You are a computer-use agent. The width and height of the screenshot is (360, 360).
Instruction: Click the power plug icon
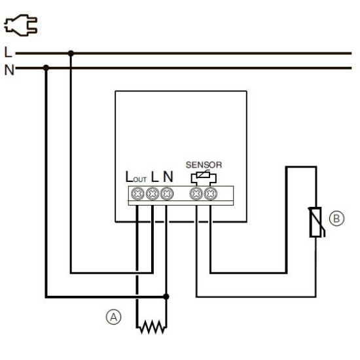(x=21, y=26)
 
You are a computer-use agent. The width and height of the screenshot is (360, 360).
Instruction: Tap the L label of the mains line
(x=8, y=52)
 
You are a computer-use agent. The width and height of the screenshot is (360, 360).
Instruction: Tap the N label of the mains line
(x=9, y=70)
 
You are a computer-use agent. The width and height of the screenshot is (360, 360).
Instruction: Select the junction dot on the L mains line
(x=71, y=54)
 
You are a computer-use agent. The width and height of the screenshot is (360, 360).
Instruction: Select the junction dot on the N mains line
(x=46, y=68)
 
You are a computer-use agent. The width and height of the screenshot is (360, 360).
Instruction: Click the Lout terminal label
(x=136, y=177)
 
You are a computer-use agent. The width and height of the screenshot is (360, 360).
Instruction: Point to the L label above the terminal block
(x=155, y=177)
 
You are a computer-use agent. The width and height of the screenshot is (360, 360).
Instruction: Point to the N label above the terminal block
(x=168, y=177)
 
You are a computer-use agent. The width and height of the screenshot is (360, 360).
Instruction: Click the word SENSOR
(x=204, y=165)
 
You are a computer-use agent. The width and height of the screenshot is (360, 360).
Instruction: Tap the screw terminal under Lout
(x=137, y=194)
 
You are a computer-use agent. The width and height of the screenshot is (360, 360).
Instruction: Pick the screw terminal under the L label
(x=153, y=194)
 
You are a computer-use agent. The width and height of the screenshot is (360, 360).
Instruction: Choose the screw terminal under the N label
(x=167, y=194)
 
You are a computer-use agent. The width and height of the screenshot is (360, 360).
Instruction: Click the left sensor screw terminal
(x=196, y=194)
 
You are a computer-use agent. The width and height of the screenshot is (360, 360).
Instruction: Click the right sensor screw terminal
(x=211, y=194)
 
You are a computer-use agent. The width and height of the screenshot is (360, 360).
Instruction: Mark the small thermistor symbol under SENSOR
(x=204, y=175)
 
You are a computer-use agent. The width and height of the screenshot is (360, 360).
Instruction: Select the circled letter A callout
(x=113, y=317)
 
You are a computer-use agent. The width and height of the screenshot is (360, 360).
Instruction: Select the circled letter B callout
(x=336, y=218)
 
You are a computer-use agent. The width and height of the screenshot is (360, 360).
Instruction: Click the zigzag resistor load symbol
(x=151, y=327)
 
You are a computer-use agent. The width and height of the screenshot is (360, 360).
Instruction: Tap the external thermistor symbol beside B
(x=317, y=222)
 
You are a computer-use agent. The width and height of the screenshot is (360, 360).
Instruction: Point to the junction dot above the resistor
(x=166, y=297)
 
